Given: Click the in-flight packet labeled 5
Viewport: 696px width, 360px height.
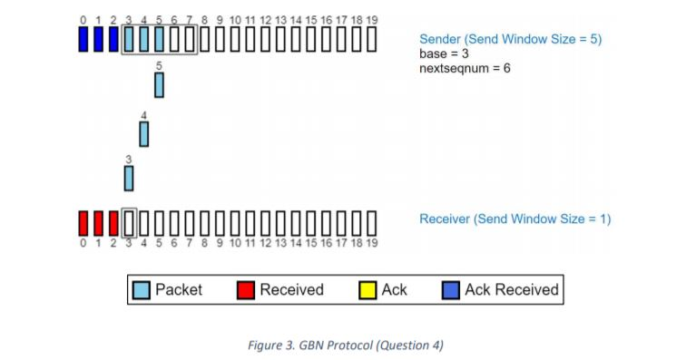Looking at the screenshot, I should pyautogui.click(x=159, y=85).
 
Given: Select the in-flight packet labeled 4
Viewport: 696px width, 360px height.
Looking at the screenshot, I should pyautogui.click(x=143, y=134).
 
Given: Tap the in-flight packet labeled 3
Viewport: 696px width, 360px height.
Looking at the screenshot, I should pyautogui.click(x=129, y=178).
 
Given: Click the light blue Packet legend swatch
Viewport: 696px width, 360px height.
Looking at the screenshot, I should pyautogui.click(x=141, y=290).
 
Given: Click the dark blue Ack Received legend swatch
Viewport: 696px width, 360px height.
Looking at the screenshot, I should pyautogui.click(x=450, y=290).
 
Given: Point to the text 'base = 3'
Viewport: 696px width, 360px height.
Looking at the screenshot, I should pyautogui.click(x=444, y=54).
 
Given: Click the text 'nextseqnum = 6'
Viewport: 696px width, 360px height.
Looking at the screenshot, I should pyautogui.click(x=464, y=68).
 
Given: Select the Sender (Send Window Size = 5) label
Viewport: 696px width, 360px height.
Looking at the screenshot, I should pyautogui.click(x=510, y=39).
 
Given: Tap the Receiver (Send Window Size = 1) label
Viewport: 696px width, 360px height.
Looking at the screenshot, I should pyautogui.click(x=515, y=219).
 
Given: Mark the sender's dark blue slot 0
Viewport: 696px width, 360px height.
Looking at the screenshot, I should pyautogui.click(x=83, y=40).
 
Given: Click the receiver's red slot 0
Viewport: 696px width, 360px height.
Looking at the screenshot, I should pyautogui.click(x=83, y=222).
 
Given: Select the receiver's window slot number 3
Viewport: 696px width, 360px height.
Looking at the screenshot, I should pyautogui.click(x=129, y=222).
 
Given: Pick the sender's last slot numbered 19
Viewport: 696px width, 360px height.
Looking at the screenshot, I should pyautogui.click(x=370, y=40).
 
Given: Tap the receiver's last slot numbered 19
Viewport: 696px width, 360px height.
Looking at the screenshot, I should pyautogui.click(x=370, y=222).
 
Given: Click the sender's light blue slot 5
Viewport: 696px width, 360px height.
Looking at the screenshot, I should pyautogui.click(x=159, y=40).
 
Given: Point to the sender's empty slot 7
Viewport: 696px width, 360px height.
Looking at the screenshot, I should pyautogui.click(x=189, y=40).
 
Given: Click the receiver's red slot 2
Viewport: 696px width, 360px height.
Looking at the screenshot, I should pyautogui.click(x=113, y=222).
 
